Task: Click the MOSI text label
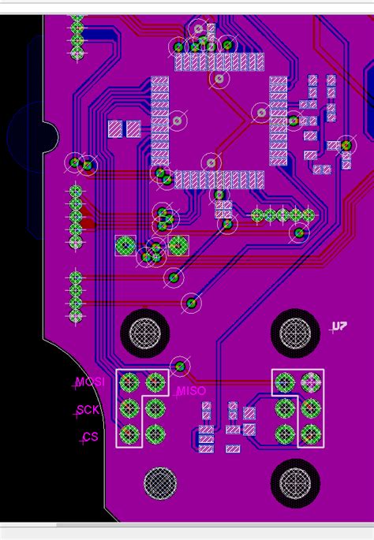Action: pos(89,383)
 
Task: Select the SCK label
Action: pos(88,410)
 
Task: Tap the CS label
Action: pos(90,436)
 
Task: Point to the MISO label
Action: pos(191,391)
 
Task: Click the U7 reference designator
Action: pos(338,326)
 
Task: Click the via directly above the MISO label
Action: pos(181,367)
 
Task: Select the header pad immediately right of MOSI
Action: pos(129,384)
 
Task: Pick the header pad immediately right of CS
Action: pos(129,434)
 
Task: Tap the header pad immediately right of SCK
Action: pos(129,408)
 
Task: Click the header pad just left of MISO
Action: pos(155,384)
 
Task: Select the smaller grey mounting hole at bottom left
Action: pos(159,482)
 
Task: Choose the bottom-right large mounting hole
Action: pos(295,482)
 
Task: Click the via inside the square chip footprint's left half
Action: pos(178,121)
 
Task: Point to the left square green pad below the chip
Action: pos(125,246)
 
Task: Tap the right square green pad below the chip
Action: pos(178,246)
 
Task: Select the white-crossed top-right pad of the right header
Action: pos(311,383)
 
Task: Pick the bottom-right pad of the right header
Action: pos(311,434)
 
